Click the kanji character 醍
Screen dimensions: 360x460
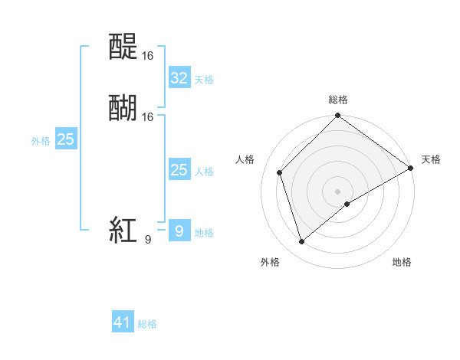pyautogui.click(x=124, y=47)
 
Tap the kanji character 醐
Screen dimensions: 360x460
pyautogui.click(x=124, y=108)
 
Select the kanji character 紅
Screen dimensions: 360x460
pyautogui.click(x=123, y=230)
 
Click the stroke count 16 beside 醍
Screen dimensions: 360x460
pyautogui.click(x=148, y=56)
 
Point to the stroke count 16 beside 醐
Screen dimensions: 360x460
pyautogui.click(x=148, y=116)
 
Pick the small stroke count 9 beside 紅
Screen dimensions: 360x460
pyautogui.click(x=148, y=239)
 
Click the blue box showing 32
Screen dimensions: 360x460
pyautogui.click(x=179, y=77)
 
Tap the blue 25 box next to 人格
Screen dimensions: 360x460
pyautogui.click(x=179, y=170)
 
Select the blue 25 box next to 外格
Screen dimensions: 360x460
pyautogui.click(x=66, y=139)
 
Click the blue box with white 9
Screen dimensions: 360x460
pyautogui.click(x=179, y=231)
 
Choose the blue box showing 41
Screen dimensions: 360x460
pyautogui.click(x=123, y=322)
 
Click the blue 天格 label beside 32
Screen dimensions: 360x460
pyautogui.click(x=204, y=79)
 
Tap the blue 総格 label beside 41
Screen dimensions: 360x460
pyautogui.click(x=147, y=324)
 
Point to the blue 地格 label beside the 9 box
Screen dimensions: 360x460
pyautogui.click(x=204, y=232)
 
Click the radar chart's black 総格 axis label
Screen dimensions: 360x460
pyautogui.click(x=338, y=100)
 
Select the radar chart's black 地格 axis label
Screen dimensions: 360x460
pyautogui.click(x=402, y=262)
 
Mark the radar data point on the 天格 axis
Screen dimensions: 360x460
pyautogui.click(x=411, y=168)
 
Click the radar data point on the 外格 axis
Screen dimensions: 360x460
pyautogui.click(x=301, y=242)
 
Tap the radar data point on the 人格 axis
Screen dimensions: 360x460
pyautogui.click(x=280, y=172)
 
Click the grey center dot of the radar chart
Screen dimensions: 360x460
pyautogui.click(x=338, y=191)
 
